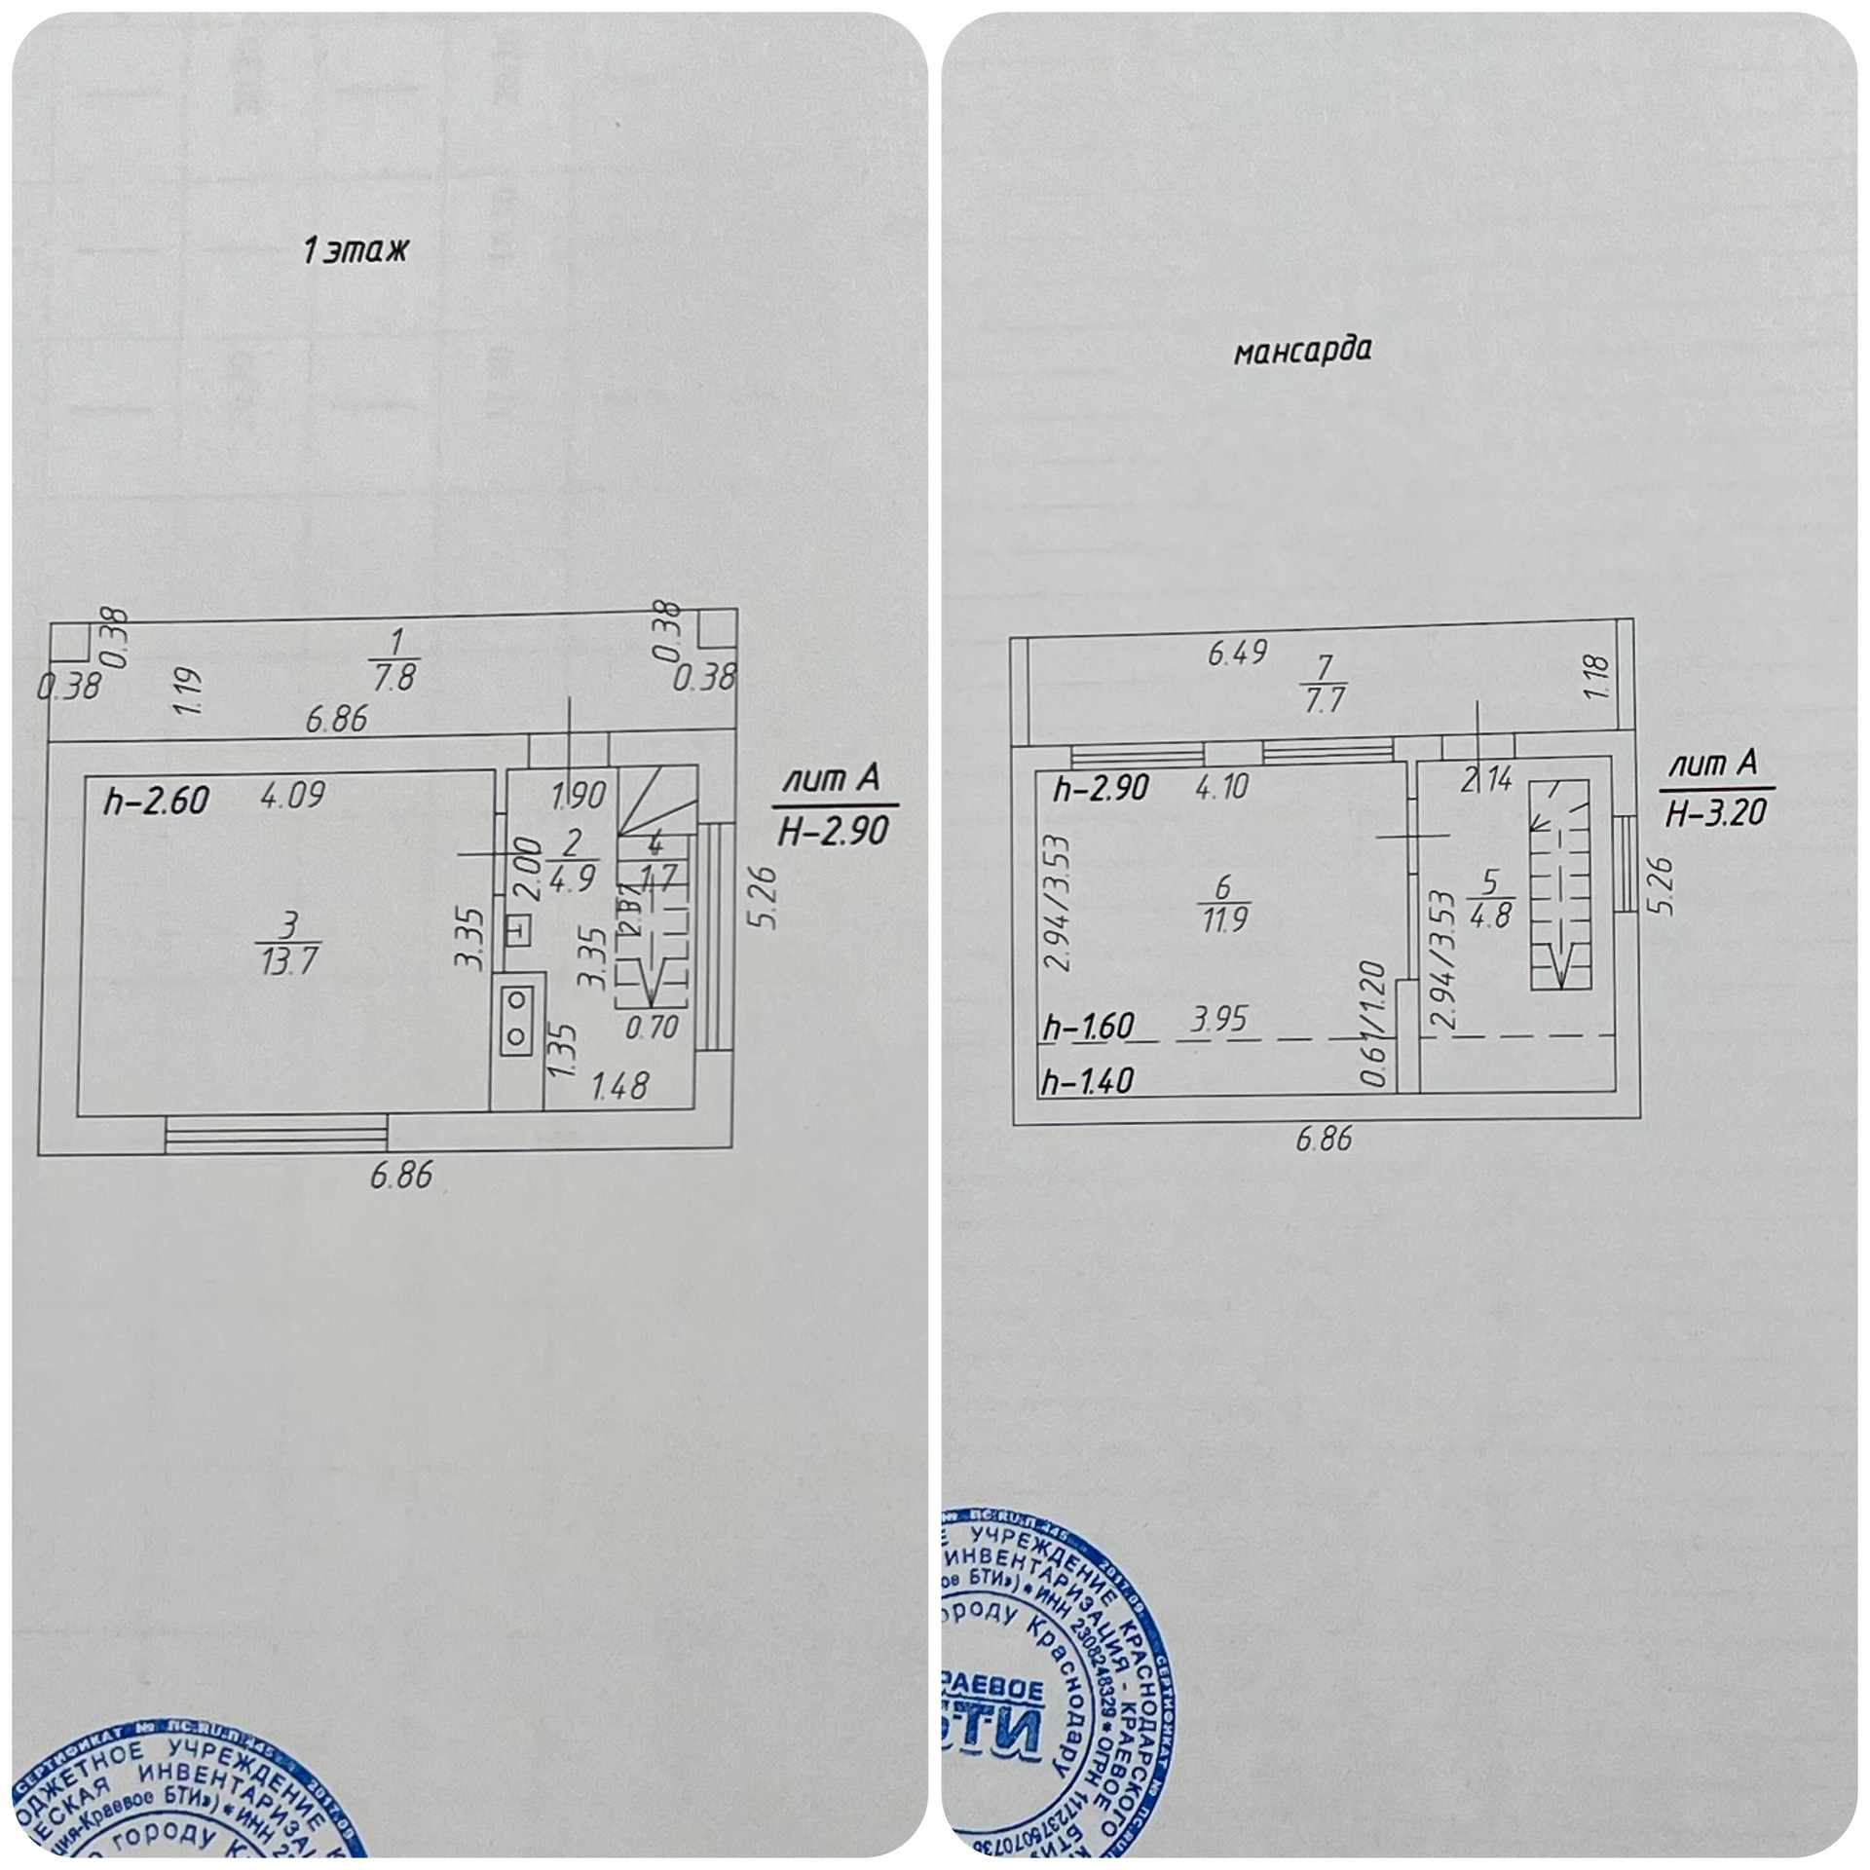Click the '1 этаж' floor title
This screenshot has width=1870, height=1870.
(x=355, y=252)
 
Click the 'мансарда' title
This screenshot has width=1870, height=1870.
(x=1301, y=351)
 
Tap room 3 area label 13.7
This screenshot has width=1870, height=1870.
(x=289, y=945)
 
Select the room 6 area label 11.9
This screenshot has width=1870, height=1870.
(x=1223, y=903)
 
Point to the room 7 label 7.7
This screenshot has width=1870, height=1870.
(x=1324, y=686)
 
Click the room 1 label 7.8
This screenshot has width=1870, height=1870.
(x=394, y=659)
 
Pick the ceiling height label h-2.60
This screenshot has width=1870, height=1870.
(x=156, y=801)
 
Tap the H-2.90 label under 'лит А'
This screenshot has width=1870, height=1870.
(x=833, y=831)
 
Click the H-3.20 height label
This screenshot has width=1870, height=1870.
(x=1715, y=812)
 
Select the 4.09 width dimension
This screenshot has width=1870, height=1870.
(x=293, y=795)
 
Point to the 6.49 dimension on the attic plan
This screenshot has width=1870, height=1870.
(x=1237, y=653)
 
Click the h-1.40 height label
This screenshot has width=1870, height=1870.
(x=1087, y=1079)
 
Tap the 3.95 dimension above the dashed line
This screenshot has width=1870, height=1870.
(x=1218, y=1020)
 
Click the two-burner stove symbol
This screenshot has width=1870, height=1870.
(x=515, y=1019)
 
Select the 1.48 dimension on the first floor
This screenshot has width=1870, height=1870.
(x=619, y=1085)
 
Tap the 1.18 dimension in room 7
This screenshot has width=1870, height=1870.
(x=1598, y=679)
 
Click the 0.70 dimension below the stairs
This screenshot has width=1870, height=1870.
(x=652, y=1026)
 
